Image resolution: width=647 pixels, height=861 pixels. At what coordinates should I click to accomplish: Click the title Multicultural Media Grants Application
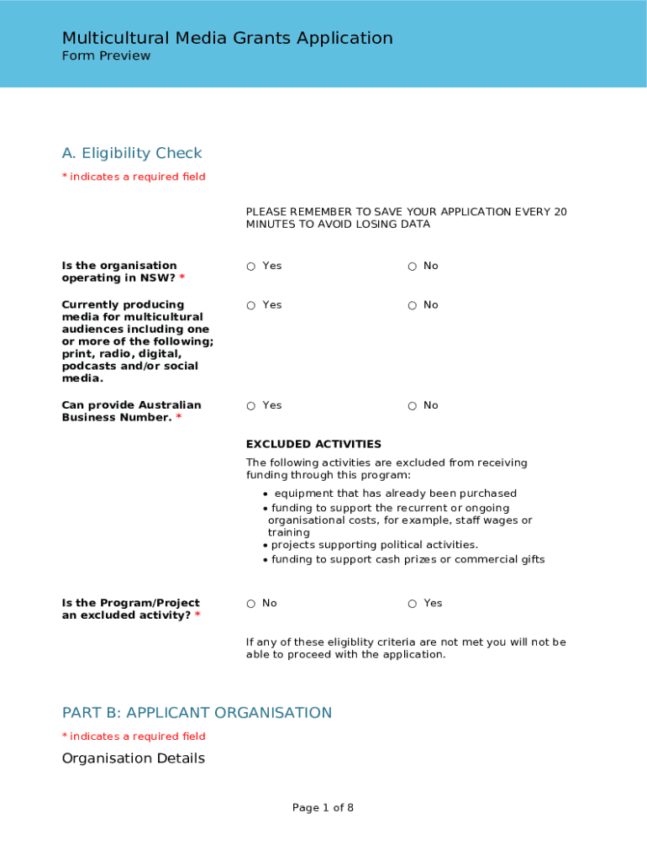click(x=227, y=38)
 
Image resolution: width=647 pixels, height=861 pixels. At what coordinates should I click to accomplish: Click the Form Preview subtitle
click(x=106, y=56)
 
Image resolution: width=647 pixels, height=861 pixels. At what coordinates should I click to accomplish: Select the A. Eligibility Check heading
click(x=132, y=153)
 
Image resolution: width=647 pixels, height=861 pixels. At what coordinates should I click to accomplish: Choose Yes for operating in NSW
click(x=251, y=267)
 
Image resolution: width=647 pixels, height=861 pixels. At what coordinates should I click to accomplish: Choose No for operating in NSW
click(x=413, y=267)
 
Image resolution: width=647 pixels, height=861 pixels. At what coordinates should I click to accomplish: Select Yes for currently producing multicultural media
click(x=251, y=305)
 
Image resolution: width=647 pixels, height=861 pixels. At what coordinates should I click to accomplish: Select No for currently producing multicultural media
click(x=413, y=305)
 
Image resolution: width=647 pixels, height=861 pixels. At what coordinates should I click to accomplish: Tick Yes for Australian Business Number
click(x=251, y=406)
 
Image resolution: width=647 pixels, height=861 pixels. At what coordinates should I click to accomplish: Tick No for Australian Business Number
click(x=413, y=406)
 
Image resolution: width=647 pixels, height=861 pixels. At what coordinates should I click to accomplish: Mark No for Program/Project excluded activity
click(x=251, y=604)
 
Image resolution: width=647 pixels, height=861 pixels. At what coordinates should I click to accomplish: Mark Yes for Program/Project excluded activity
click(x=413, y=604)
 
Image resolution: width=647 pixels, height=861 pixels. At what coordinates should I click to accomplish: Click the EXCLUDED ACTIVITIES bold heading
click(x=313, y=444)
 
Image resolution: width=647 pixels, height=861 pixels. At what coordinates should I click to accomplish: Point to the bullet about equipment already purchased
click(x=395, y=494)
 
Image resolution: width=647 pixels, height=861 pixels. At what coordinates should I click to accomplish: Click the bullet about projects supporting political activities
click(x=374, y=545)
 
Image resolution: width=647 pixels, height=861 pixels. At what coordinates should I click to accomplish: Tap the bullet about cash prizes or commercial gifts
click(x=408, y=559)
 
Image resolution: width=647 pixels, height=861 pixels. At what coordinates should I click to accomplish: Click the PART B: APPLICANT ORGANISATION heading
click(x=197, y=713)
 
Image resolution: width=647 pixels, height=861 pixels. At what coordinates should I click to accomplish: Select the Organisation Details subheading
click(x=133, y=758)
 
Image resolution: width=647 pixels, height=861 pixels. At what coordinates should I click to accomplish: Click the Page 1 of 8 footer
click(x=323, y=808)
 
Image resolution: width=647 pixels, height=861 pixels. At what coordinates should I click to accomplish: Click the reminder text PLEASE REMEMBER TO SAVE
click(x=406, y=218)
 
